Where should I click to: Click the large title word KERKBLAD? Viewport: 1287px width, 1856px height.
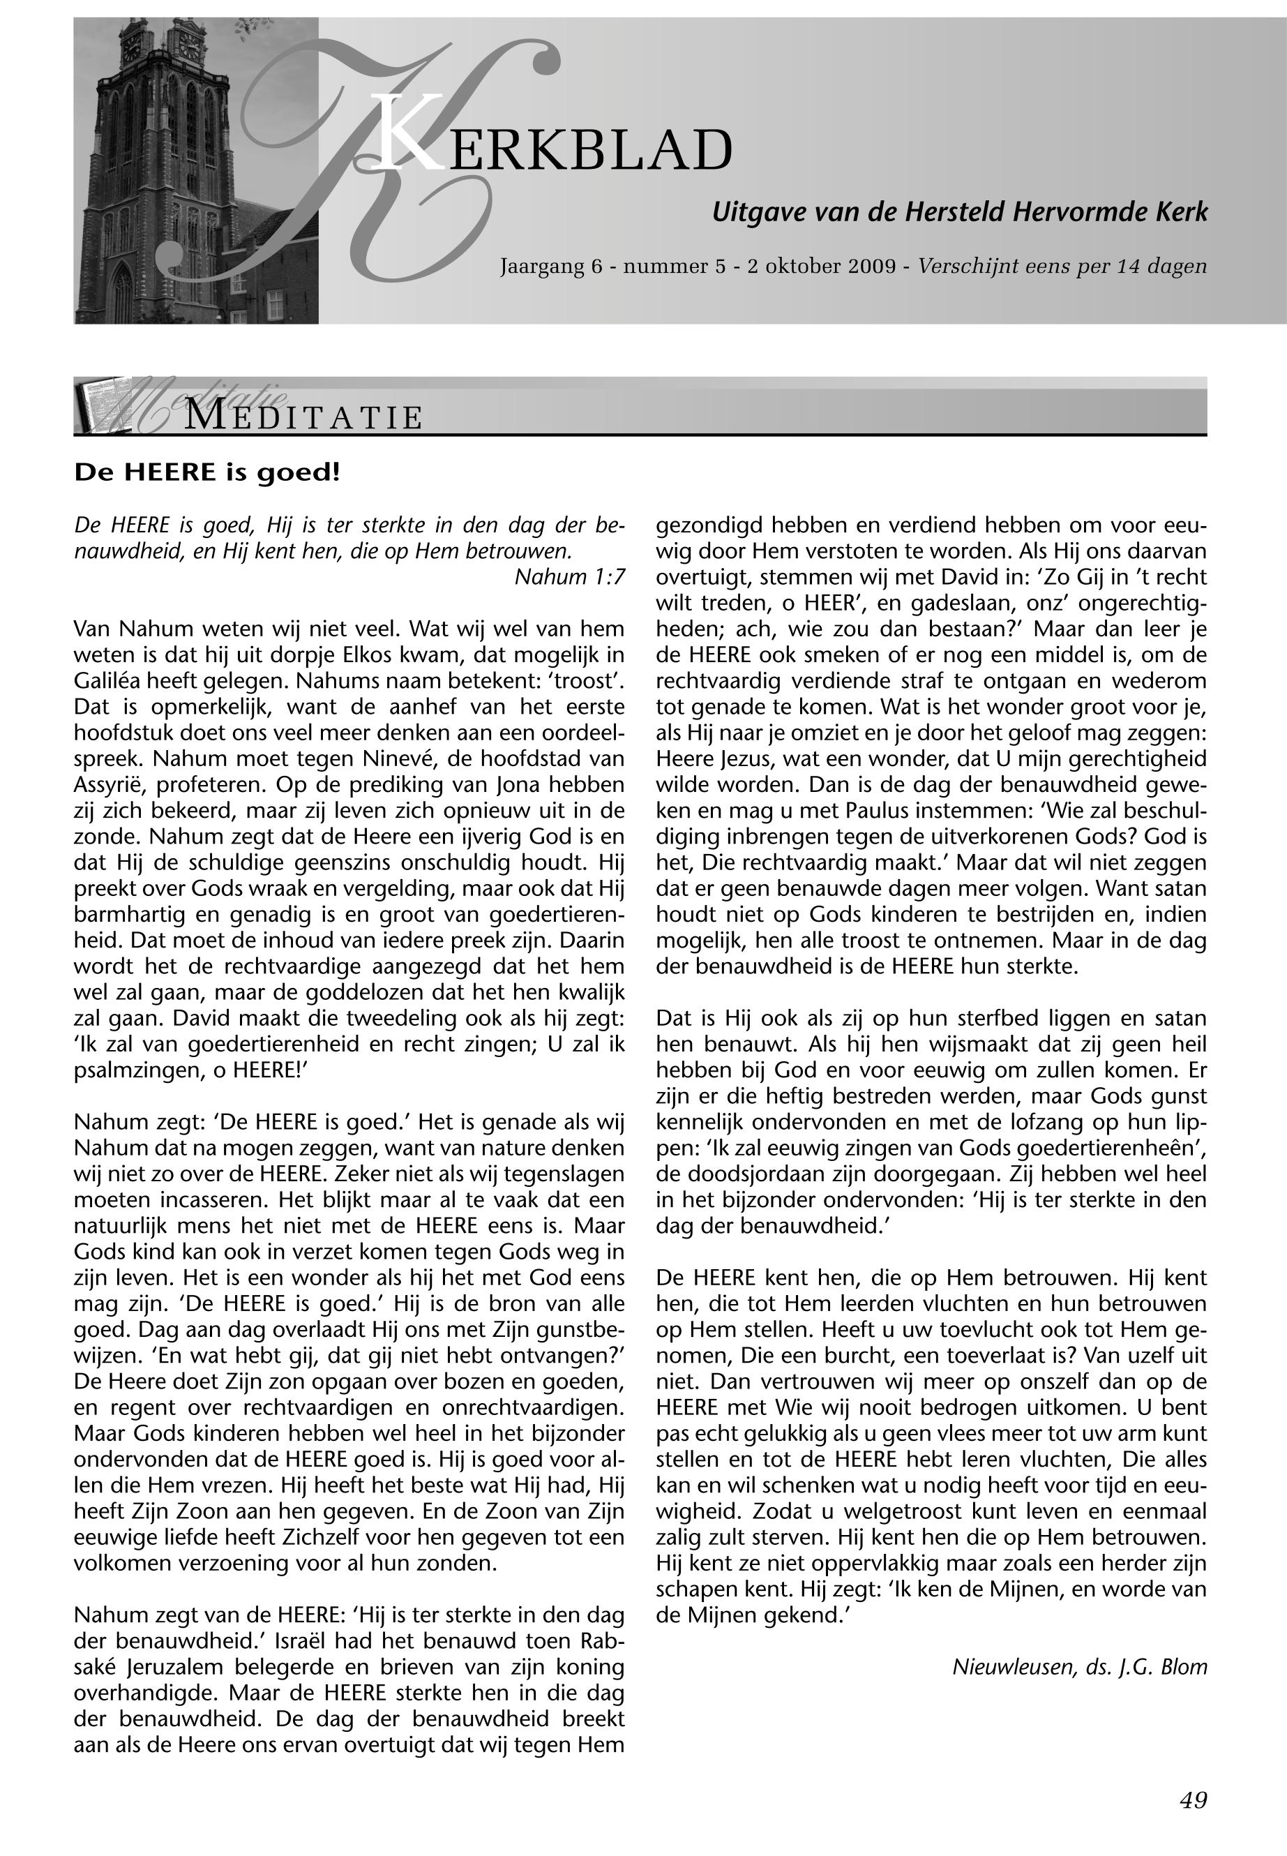click(557, 149)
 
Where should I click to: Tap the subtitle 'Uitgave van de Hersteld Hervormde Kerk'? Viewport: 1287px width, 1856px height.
click(959, 212)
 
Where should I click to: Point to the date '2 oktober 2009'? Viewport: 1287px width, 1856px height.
click(821, 266)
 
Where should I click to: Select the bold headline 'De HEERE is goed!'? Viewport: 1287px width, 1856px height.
click(207, 472)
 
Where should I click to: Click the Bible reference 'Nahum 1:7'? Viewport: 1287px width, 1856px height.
click(569, 577)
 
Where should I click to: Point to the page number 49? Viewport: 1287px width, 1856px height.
click(1193, 1799)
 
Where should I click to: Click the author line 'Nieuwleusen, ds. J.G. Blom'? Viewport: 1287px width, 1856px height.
click(1080, 1666)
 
